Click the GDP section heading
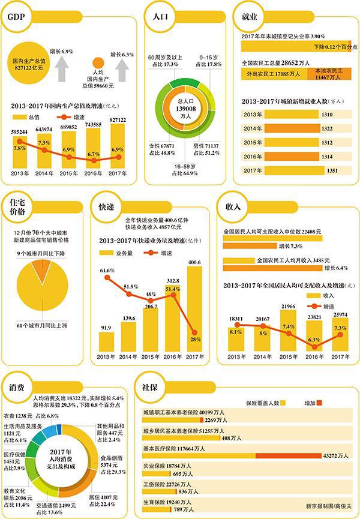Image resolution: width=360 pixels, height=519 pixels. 16,17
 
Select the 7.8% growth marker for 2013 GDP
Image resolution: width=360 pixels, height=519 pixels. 20,142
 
